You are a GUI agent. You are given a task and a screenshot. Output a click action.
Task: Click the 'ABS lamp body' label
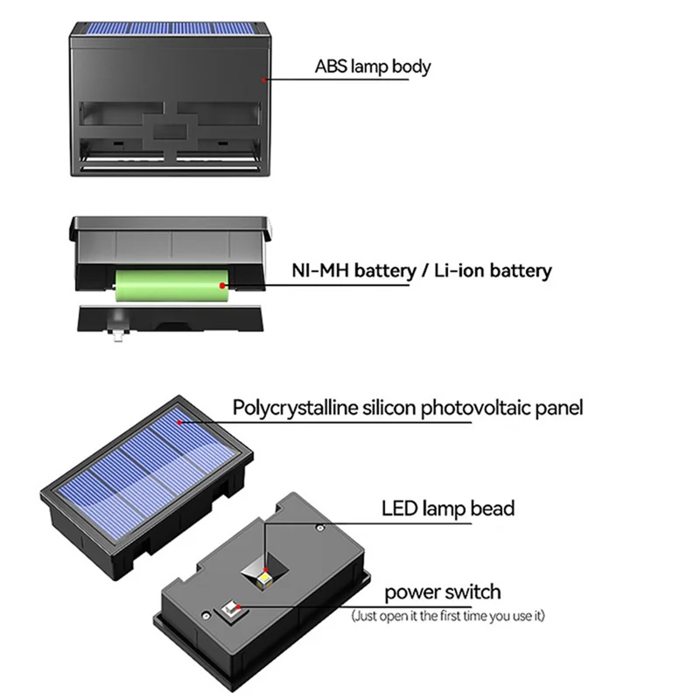[373, 66]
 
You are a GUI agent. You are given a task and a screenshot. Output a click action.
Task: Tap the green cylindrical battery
[171, 285]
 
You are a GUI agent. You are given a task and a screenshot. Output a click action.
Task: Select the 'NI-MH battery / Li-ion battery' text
[421, 270]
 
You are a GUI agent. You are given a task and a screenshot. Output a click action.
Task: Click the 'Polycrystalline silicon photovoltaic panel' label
[408, 407]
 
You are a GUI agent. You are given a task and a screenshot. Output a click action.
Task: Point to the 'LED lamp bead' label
[448, 508]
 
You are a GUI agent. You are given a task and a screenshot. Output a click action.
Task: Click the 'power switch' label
[443, 592]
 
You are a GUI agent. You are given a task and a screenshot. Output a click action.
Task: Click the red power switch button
[234, 607]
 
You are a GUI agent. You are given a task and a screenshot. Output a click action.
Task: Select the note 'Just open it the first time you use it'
[448, 617]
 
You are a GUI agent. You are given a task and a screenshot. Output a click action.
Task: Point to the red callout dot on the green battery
[224, 284]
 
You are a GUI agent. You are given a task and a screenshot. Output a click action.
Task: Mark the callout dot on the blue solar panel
[179, 423]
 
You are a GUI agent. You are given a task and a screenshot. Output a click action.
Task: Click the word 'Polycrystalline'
[285, 407]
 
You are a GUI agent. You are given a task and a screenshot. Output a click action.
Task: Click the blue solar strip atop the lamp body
[168, 29]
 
